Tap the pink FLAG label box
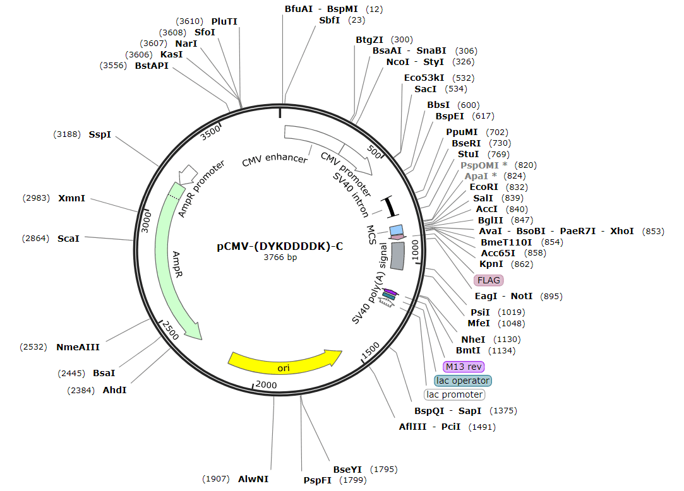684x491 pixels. pyautogui.click(x=488, y=280)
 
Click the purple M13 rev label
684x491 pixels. pyautogui.click(x=464, y=367)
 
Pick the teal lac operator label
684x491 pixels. pyautogui.click(x=463, y=381)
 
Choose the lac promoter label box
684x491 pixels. pyautogui.click(x=454, y=394)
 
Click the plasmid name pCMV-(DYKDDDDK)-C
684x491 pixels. pyautogui.click(x=280, y=246)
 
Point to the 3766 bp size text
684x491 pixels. pyautogui.click(x=280, y=257)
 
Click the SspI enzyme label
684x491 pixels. pyautogui.click(x=100, y=134)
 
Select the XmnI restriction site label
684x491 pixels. pyautogui.click(x=71, y=198)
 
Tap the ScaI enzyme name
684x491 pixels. pyautogui.click(x=68, y=239)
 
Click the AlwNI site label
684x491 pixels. pyautogui.click(x=253, y=479)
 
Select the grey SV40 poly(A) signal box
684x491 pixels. pyautogui.click(x=398, y=256)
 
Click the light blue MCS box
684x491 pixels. pyautogui.click(x=396, y=230)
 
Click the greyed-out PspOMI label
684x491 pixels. pyautogui.click(x=483, y=165)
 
